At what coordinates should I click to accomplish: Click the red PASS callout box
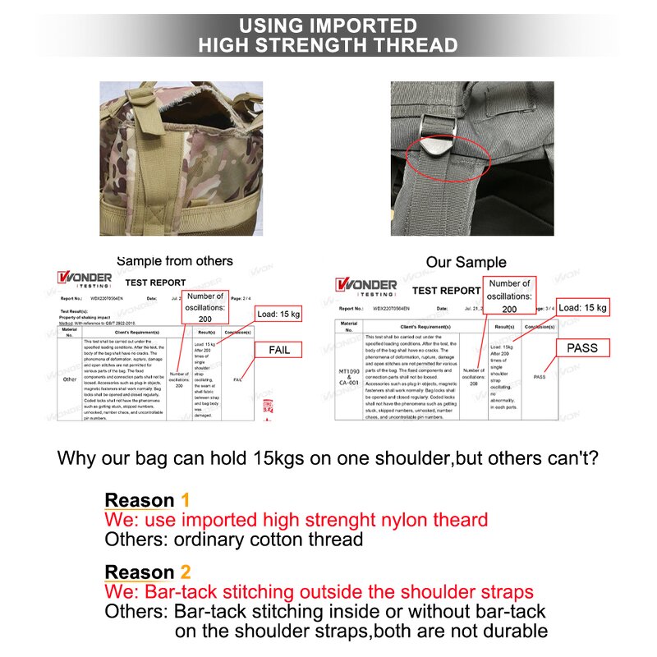point(581,348)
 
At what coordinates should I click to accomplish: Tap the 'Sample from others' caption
point(174,261)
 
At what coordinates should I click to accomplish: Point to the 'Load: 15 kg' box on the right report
point(581,307)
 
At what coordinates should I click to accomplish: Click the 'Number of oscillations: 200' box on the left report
point(204,306)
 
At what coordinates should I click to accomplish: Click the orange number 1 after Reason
point(185,500)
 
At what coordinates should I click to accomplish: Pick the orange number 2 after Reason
point(186,572)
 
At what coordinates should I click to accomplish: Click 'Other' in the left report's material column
point(69,379)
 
